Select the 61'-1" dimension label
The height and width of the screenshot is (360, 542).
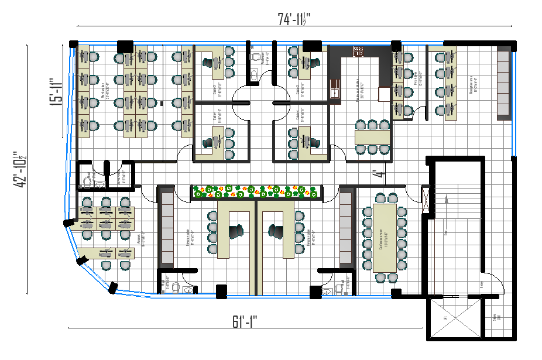[x=245, y=321]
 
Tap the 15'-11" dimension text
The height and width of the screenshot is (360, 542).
[x=55, y=91]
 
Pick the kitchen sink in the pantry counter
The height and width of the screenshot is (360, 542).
[x=335, y=92]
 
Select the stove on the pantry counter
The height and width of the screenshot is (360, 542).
[x=358, y=50]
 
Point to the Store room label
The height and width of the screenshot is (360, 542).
[x=496, y=319]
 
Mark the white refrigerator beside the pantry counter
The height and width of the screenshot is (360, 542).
[x=384, y=94]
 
